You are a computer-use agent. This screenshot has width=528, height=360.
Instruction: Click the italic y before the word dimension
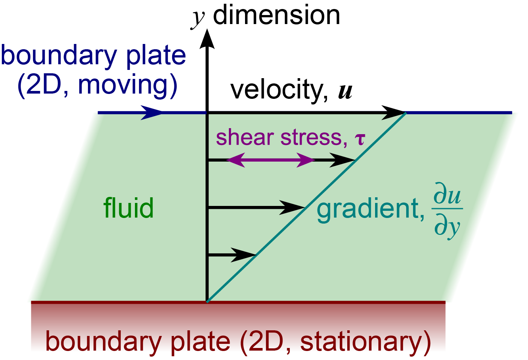(x=198, y=17)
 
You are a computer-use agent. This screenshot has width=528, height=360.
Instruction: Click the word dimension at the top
(x=276, y=16)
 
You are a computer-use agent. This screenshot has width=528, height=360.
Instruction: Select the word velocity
(x=277, y=90)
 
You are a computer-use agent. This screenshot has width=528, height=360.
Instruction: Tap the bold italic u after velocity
(x=345, y=91)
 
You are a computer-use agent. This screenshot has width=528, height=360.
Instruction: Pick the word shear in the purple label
(x=244, y=138)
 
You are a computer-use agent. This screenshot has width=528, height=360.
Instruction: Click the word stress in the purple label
(x=311, y=138)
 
